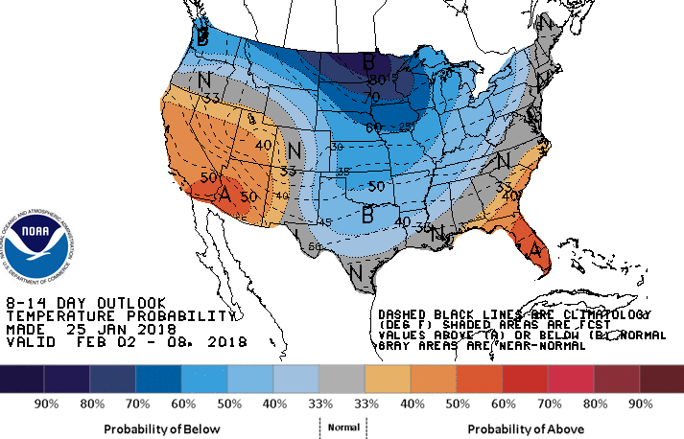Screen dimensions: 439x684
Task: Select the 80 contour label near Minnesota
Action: point(378,80)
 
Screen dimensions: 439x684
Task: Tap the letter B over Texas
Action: point(366,216)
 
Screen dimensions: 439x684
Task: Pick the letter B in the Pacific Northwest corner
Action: point(202,38)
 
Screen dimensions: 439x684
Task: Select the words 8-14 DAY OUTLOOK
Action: point(85,302)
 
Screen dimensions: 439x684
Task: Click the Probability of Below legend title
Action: point(161,427)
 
